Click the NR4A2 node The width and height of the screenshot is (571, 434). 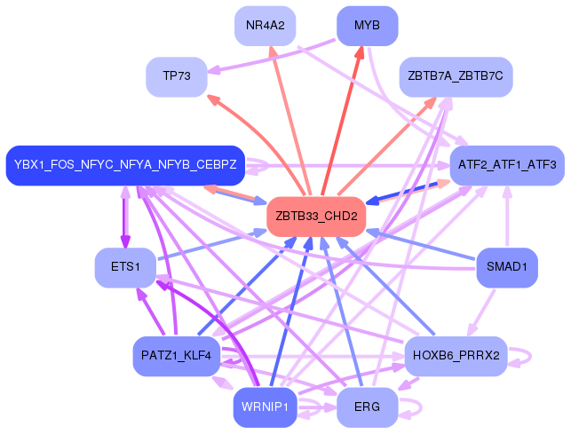coord(266,26)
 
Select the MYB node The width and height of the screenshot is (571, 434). coord(367,26)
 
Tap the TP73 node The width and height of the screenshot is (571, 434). coord(177,77)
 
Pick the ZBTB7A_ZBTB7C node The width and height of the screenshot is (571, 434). coord(456,77)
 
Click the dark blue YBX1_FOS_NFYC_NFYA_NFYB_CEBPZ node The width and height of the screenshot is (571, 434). coord(125,165)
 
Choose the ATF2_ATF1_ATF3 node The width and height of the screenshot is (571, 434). coord(507,165)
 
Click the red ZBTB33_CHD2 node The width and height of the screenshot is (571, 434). coord(316,217)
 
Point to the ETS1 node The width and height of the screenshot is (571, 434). coord(125,268)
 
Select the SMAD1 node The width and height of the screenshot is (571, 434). coord(507,268)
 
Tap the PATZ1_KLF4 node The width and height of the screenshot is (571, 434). coord(177,356)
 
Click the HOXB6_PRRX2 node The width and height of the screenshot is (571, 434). coord(456,356)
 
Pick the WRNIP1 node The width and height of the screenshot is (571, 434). coord(266,407)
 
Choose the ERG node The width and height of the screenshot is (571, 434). coord(367,407)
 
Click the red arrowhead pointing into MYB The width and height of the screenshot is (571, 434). coord(360,53)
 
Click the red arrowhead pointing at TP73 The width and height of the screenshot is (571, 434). coord(213,99)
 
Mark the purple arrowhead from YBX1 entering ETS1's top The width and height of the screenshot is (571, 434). coord(125,241)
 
